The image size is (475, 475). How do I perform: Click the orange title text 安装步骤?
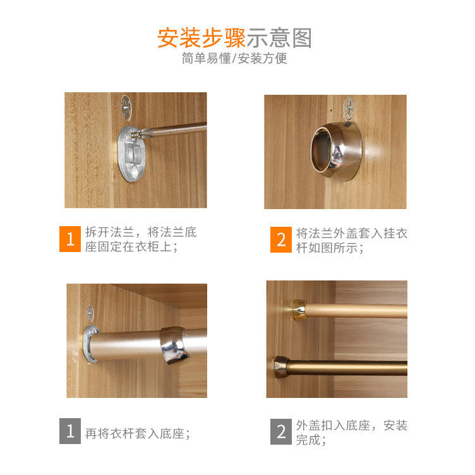point(201,38)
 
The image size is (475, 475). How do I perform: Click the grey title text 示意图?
point(279,38)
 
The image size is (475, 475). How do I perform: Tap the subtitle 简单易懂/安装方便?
point(234,58)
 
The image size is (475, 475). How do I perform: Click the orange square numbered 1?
point(70,239)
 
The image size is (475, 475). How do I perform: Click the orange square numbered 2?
point(281,239)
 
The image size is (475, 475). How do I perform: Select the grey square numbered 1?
point(70,431)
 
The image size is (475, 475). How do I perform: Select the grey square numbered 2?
point(281,431)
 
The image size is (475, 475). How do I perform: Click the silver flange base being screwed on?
point(131,154)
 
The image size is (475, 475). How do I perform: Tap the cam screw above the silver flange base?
point(126,107)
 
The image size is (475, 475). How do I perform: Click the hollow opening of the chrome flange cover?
point(322,149)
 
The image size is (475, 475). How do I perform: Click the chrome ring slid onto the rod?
point(176,346)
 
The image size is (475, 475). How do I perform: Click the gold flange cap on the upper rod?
point(299,310)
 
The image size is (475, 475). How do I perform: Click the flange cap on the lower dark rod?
point(282,367)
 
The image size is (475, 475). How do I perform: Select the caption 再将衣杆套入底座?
point(138,433)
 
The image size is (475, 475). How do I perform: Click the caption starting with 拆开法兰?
point(141,239)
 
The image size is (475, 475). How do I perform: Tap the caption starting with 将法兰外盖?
point(351,241)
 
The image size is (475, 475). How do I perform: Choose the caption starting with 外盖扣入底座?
point(351,432)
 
